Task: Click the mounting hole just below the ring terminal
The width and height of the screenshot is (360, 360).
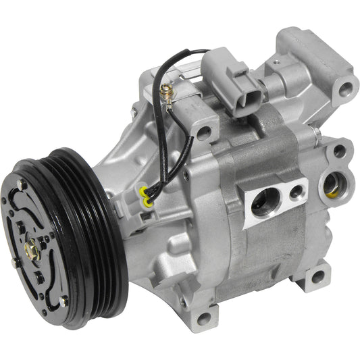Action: [x=202, y=134]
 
